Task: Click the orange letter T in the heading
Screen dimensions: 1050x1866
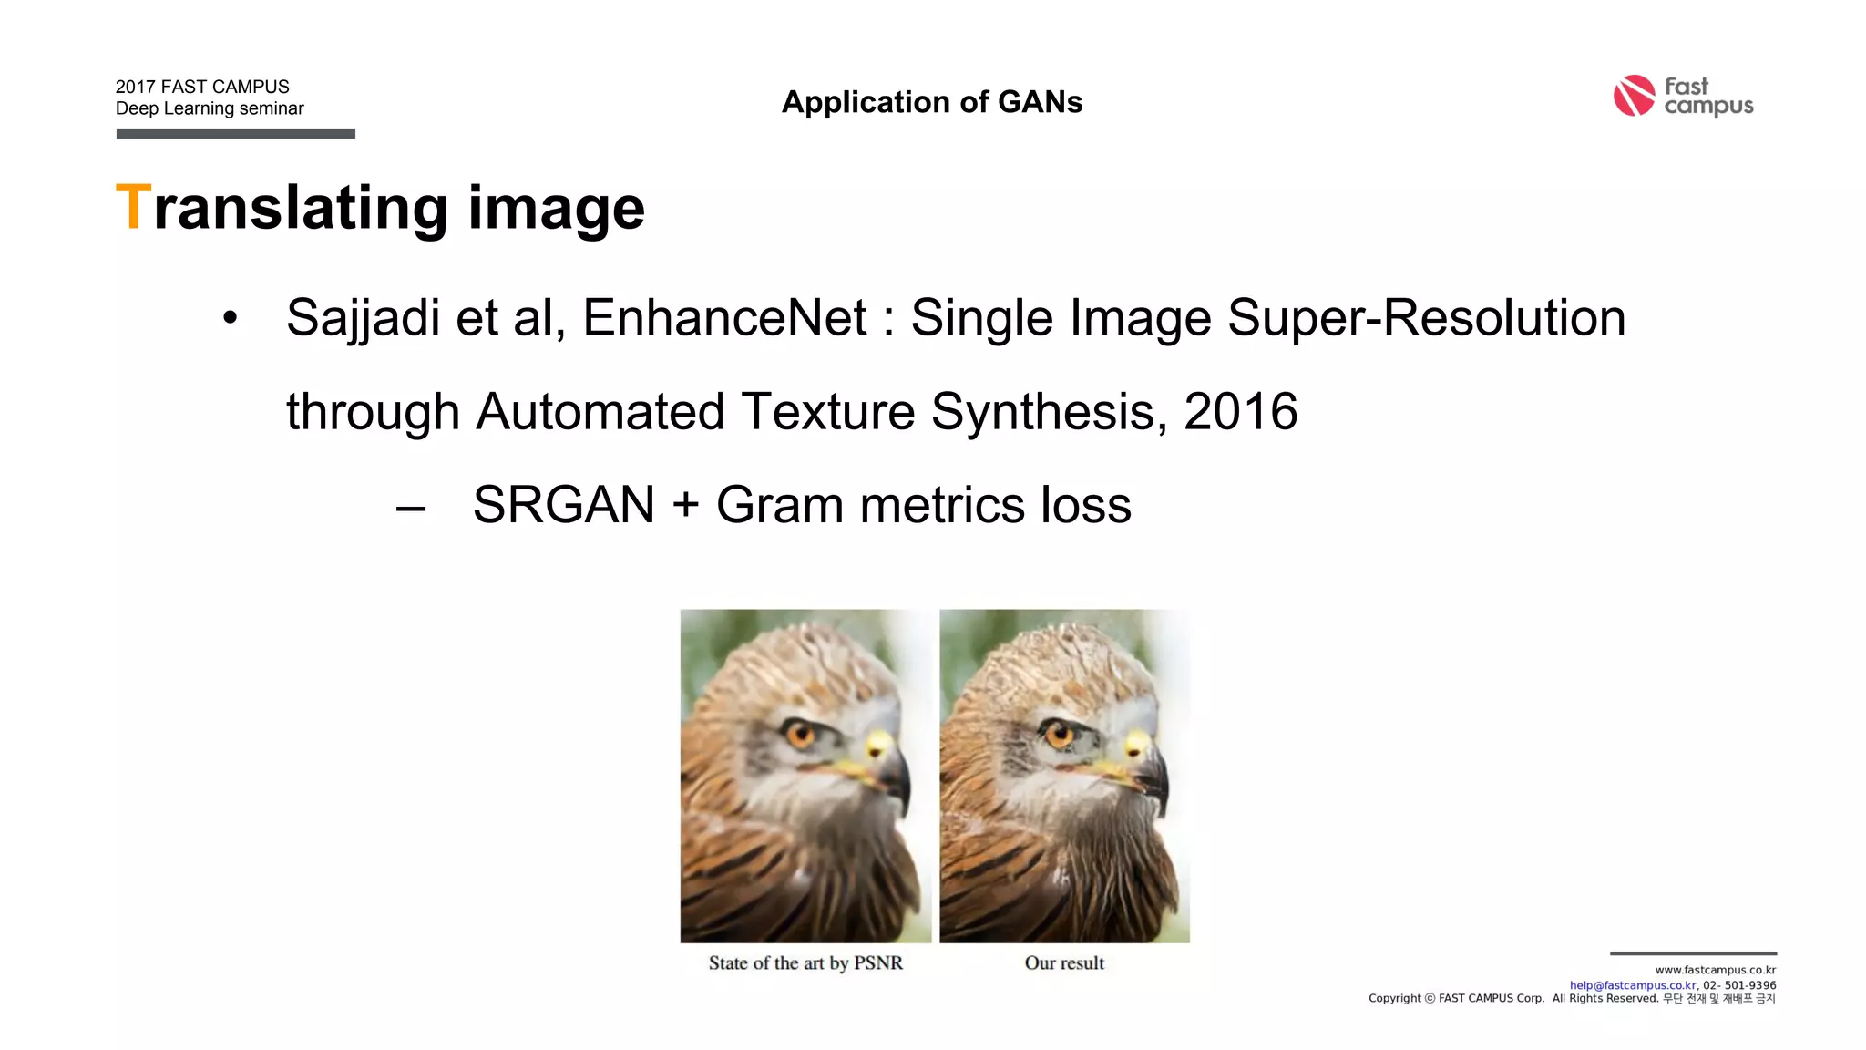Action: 132,208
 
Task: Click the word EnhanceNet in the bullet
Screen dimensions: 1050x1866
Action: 724,318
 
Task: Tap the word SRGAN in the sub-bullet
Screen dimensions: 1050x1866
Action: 564,505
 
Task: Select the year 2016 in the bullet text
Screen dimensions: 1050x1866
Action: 1240,412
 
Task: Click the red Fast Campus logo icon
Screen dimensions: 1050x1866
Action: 1634,96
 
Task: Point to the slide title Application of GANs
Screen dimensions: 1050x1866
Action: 932,102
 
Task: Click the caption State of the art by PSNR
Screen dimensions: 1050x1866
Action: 805,963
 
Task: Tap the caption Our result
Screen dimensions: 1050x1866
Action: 1064,963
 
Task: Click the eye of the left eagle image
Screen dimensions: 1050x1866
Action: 801,732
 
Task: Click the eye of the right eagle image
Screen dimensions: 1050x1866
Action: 1059,732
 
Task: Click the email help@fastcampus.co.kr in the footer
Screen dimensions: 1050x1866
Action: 1632,985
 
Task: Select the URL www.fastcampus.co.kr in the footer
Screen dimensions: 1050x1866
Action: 1715,970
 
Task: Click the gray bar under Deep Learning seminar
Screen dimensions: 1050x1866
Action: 235,134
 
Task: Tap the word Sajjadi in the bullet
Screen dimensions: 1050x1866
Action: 362,318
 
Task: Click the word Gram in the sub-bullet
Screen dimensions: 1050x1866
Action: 779,505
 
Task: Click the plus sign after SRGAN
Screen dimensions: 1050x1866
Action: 685,506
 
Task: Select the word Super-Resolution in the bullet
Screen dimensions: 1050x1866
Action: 1426,318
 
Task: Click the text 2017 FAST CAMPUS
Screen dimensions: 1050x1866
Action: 202,87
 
